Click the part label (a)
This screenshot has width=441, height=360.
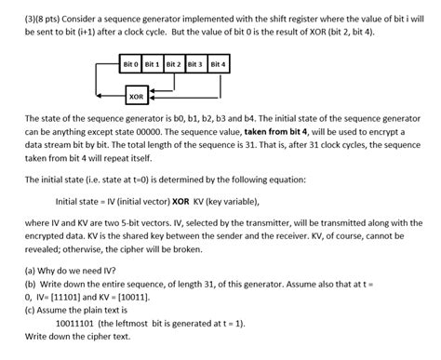(x=33, y=274)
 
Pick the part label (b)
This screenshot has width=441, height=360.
(x=33, y=287)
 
